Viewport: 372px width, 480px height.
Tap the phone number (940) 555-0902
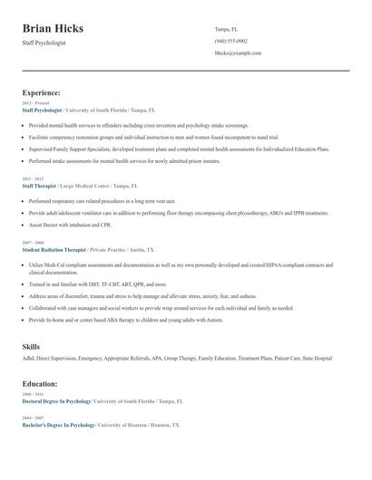click(x=230, y=41)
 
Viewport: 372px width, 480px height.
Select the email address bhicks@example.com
click(x=238, y=53)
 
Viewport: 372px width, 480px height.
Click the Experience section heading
click(x=42, y=92)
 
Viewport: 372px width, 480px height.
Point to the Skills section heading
click(x=31, y=346)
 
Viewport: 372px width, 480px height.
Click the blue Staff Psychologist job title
click(x=43, y=109)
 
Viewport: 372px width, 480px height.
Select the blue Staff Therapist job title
click(x=39, y=185)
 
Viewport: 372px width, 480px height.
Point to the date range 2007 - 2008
click(x=33, y=243)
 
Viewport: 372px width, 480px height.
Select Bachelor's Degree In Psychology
click(x=59, y=424)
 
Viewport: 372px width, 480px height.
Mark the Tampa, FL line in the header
click(x=227, y=29)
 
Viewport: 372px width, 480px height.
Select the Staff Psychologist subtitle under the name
click(x=44, y=43)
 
